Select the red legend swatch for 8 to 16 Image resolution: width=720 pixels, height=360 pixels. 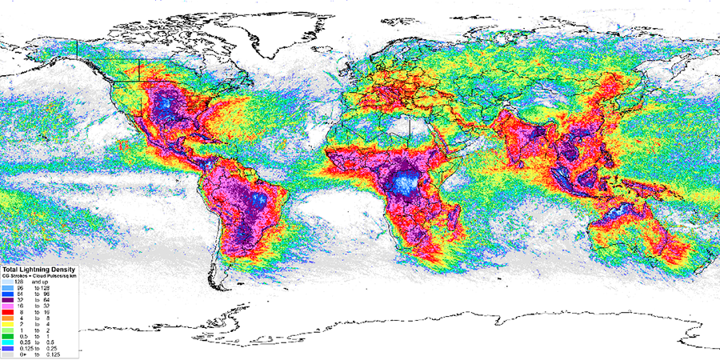click(x=7, y=310)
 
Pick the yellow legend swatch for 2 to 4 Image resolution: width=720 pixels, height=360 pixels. click(x=7, y=323)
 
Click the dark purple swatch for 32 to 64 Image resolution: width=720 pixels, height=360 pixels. click(x=7, y=296)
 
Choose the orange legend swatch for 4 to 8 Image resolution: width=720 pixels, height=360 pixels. click(x=7, y=317)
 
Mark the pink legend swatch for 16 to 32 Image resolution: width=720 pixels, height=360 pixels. click(x=7, y=303)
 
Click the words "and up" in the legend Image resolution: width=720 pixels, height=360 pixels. click(x=39, y=282)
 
